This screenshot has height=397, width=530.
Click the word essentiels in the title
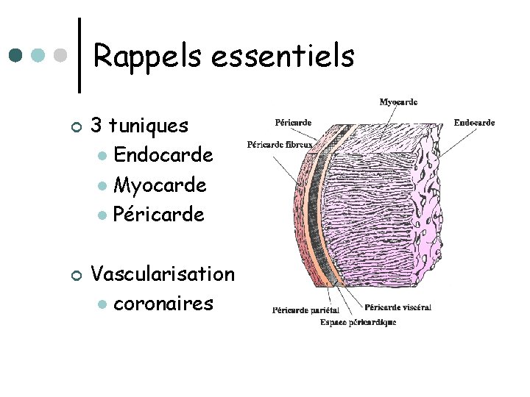pyautogui.click(x=283, y=56)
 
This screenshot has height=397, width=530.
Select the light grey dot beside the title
pyautogui.click(x=63, y=55)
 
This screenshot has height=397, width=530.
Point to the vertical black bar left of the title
pyautogui.click(x=79, y=55)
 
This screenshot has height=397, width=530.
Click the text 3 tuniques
pyautogui.click(x=139, y=126)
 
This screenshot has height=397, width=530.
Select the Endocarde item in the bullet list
pyautogui.click(x=163, y=155)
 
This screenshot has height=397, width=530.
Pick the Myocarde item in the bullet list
pyautogui.click(x=160, y=185)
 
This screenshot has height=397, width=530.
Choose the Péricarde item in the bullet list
pyautogui.click(x=159, y=215)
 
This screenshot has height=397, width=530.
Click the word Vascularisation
pyautogui.click(x=162, y=273)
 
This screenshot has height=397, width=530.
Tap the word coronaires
pyautogui.click(x=163, y=303)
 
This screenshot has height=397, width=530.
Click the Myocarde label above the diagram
pyautogui.click(x=398, y=102)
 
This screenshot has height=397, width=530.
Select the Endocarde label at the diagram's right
pyautogui.click(x=474, y=123)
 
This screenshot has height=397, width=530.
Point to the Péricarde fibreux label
pyautogui.click(x=280, y=144)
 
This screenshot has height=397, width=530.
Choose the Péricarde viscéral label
pyautogui.click(x=397, y=307)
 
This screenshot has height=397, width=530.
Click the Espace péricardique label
pyautogui.click(x=358, y=322)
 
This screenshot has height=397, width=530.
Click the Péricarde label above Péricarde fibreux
pyautogui.click(x=292, y=122)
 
